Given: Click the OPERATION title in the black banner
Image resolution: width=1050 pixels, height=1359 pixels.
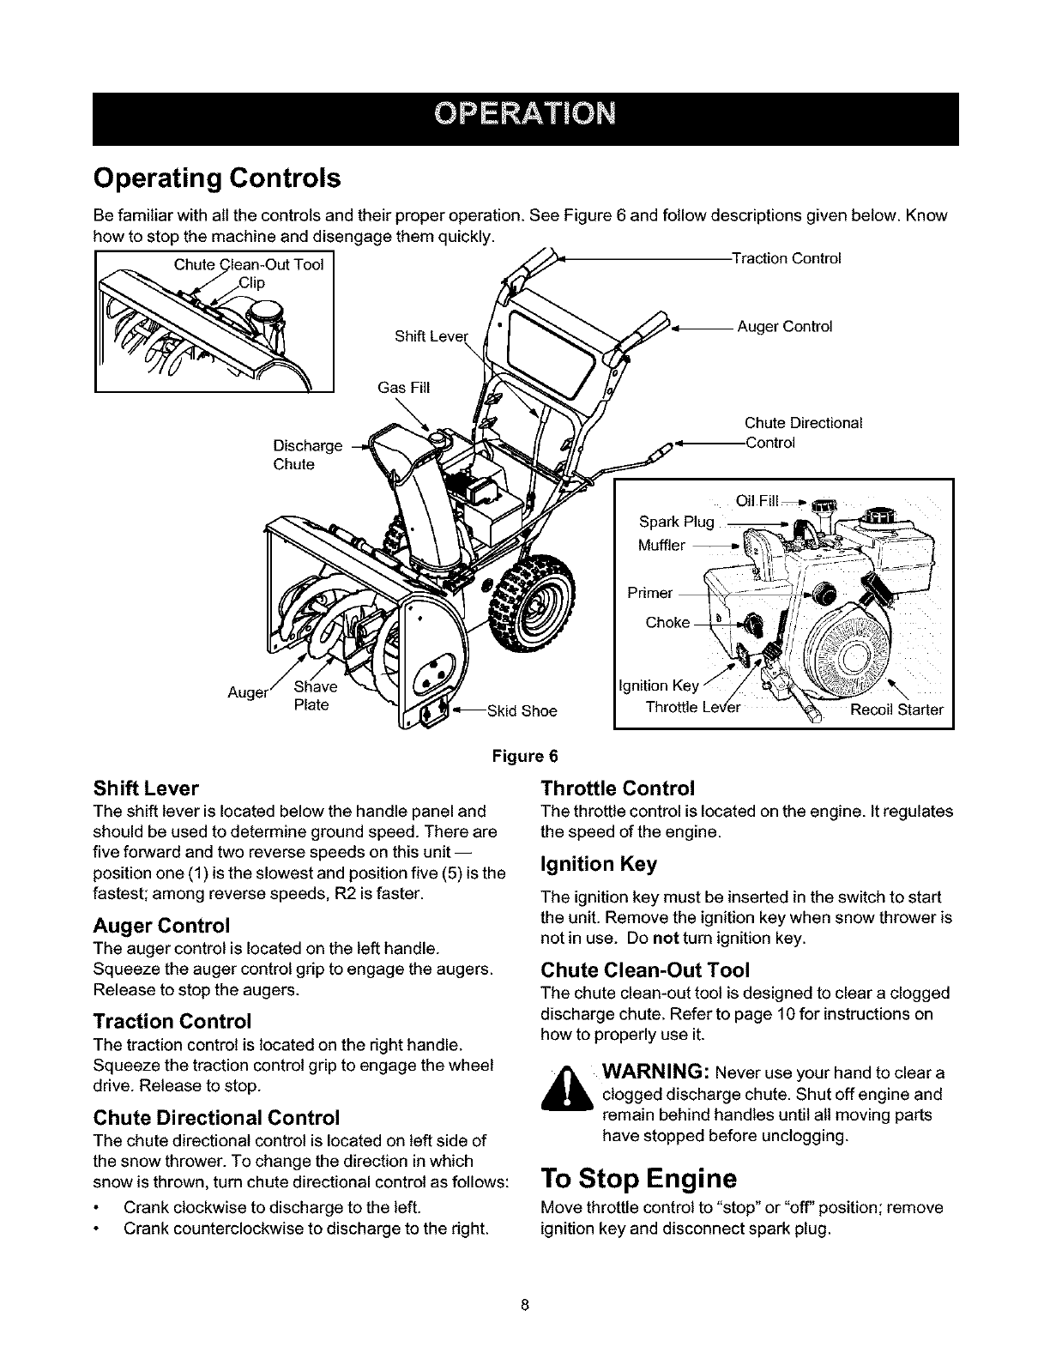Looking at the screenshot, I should click(x=525, y=114).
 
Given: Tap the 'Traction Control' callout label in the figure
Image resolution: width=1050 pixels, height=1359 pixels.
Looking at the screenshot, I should click(x=785, y=258).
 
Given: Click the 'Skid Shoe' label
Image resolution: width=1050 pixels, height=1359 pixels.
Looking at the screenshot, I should click(x=522, y=710).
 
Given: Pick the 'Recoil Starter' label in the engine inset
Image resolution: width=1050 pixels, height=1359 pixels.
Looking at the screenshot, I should click(x=896, y=710).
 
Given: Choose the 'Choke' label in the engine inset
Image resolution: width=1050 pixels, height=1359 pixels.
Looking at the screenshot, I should click(x=667, y=622).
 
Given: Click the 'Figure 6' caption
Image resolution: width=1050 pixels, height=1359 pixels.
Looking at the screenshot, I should click(x=524, y=756).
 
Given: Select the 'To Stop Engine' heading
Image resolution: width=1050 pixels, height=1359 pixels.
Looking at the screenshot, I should click(x=638, y=1176).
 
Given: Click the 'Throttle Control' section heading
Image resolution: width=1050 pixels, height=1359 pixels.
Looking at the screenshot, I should click(x=617, y=788).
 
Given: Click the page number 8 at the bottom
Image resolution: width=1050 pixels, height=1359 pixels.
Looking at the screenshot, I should click(x=525, y=1307).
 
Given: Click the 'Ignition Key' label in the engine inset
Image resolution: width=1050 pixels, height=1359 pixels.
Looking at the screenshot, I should click(x=659, y=686).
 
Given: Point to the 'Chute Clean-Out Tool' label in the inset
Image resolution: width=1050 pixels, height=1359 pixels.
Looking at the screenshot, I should click(x=248, y=264).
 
